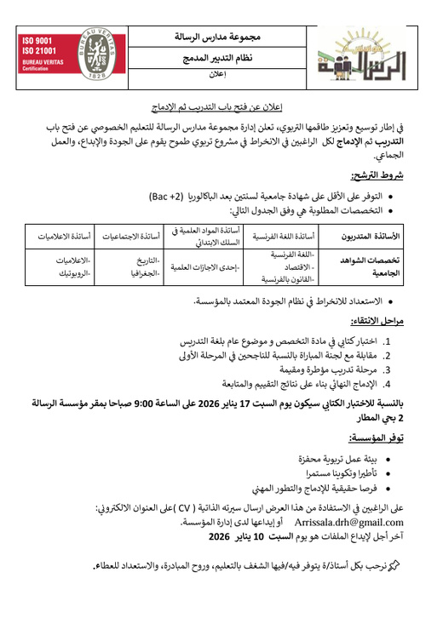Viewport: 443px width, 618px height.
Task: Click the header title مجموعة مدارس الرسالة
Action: (x=217, y=38)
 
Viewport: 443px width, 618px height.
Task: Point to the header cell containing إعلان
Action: (x=217, y=75)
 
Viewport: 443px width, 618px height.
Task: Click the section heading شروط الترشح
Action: (x=400, y=175)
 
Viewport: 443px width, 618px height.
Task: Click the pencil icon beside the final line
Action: (x=418, y=564)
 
